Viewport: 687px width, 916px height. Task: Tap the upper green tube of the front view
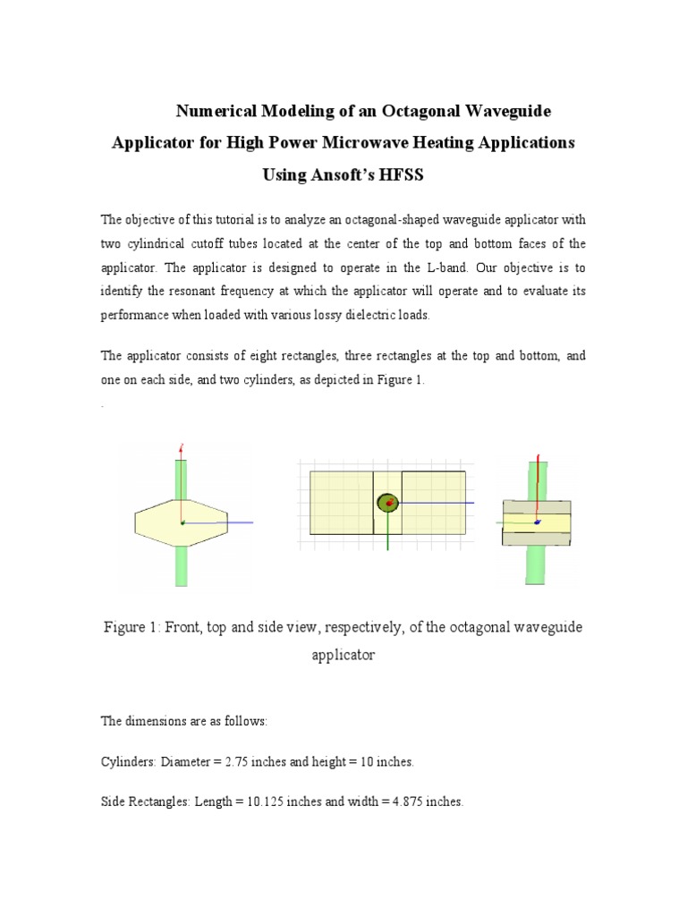click(182, 479)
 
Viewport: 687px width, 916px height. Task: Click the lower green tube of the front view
click(182, 565)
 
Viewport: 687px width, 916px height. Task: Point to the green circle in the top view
click(387, 504)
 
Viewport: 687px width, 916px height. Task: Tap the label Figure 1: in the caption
click(133, 627)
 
